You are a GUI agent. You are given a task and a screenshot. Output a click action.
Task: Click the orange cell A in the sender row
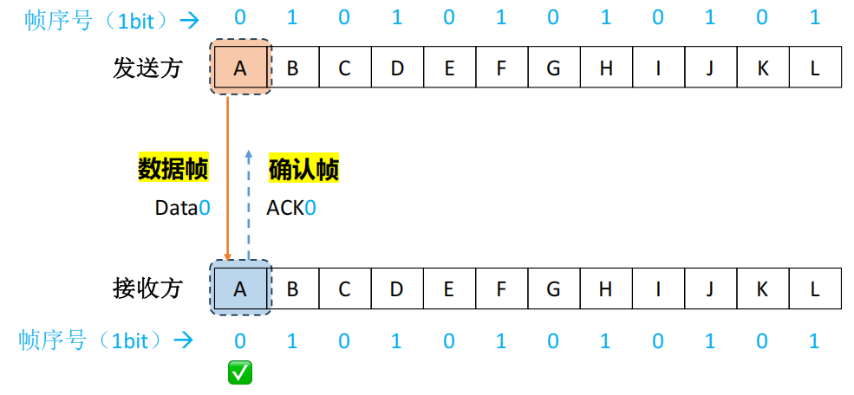240,68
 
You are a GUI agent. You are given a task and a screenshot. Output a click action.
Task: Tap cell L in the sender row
815,68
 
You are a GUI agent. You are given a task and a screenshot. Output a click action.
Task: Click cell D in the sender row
397,68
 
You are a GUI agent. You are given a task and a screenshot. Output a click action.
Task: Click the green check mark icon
240,373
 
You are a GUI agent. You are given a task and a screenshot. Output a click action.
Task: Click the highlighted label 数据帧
173,169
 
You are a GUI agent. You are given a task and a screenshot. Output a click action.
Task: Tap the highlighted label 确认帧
303,169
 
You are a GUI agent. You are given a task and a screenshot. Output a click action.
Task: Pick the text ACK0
290,208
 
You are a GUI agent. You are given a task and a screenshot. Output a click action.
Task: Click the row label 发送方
147,68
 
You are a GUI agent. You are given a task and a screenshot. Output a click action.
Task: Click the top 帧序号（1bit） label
95,20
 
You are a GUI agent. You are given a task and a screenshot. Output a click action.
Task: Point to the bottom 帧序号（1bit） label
95,340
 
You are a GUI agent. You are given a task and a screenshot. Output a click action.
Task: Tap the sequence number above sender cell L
815,18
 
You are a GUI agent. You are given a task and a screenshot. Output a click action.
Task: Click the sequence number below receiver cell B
292,341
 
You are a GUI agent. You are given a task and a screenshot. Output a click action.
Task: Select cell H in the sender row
606,68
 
